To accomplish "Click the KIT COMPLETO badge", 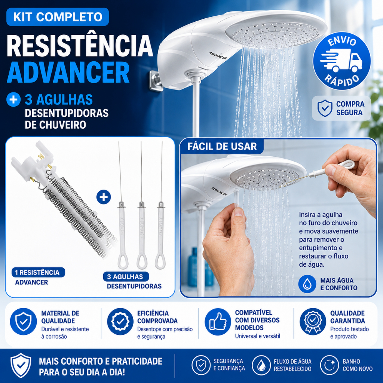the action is point(58,17).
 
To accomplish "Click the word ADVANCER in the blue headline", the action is point(68,73).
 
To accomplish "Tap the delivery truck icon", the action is point(341,60).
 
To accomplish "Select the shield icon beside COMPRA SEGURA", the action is point(325,108).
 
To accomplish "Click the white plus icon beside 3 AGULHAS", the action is point(13,99).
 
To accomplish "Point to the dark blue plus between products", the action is point(104,197).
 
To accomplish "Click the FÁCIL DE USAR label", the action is point(222,146).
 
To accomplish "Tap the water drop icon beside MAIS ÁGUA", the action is point(307,284).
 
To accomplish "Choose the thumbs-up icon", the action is point(218,321).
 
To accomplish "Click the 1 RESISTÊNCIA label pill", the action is point(38,272).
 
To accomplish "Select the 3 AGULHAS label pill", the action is point(126,276).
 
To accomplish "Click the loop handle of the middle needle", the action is point(141,261).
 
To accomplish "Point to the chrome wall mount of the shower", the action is point(156,81).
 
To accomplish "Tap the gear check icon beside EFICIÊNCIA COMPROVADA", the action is point(120,321).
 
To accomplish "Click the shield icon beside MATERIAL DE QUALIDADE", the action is point(24,321).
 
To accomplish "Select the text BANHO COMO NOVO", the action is point(357,365).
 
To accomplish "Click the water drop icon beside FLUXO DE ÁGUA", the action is point(261,365).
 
